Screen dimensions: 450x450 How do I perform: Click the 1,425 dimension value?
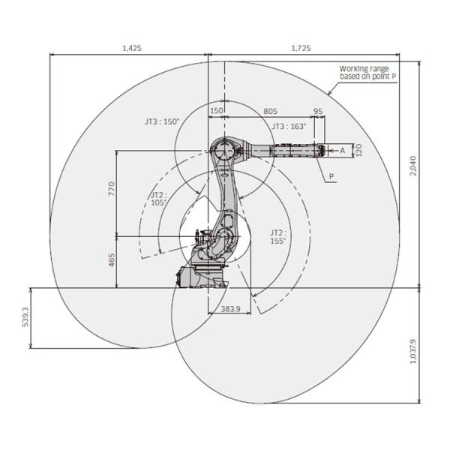[x=132, y=48]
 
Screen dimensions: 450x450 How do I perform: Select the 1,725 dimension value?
[x=301, y=48]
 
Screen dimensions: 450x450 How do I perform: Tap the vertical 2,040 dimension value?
[x=412, y=166]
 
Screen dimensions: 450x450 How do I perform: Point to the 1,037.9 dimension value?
[x=412, y=351]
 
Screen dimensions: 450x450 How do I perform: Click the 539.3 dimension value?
[x=25, y=316]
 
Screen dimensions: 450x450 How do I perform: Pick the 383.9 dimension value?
[x=230, y=309]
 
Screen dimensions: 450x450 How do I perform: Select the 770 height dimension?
[x=111, y=188]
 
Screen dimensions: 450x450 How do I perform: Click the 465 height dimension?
[x=111, y=259]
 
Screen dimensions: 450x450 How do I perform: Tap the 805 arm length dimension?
[x=270, y=111]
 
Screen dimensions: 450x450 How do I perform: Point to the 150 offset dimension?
[x=217, y=110]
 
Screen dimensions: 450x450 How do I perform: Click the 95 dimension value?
[x=318, y=111]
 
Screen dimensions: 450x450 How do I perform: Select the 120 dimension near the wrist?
[x=358, y=150]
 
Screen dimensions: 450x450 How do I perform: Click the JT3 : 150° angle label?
[x=162, y=121]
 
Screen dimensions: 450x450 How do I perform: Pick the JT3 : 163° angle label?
[x=289, y=126]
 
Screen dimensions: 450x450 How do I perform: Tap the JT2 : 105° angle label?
[x=159, y=199]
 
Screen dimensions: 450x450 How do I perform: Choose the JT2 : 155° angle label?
[x=278, y=237]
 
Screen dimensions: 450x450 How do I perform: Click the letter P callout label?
[x=331, y=176]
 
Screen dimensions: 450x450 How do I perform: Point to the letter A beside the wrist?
[x=343, y=150]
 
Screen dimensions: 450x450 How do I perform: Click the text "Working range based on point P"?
[x=367, y=73]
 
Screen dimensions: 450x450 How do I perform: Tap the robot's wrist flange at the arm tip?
[x=322, y=150]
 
